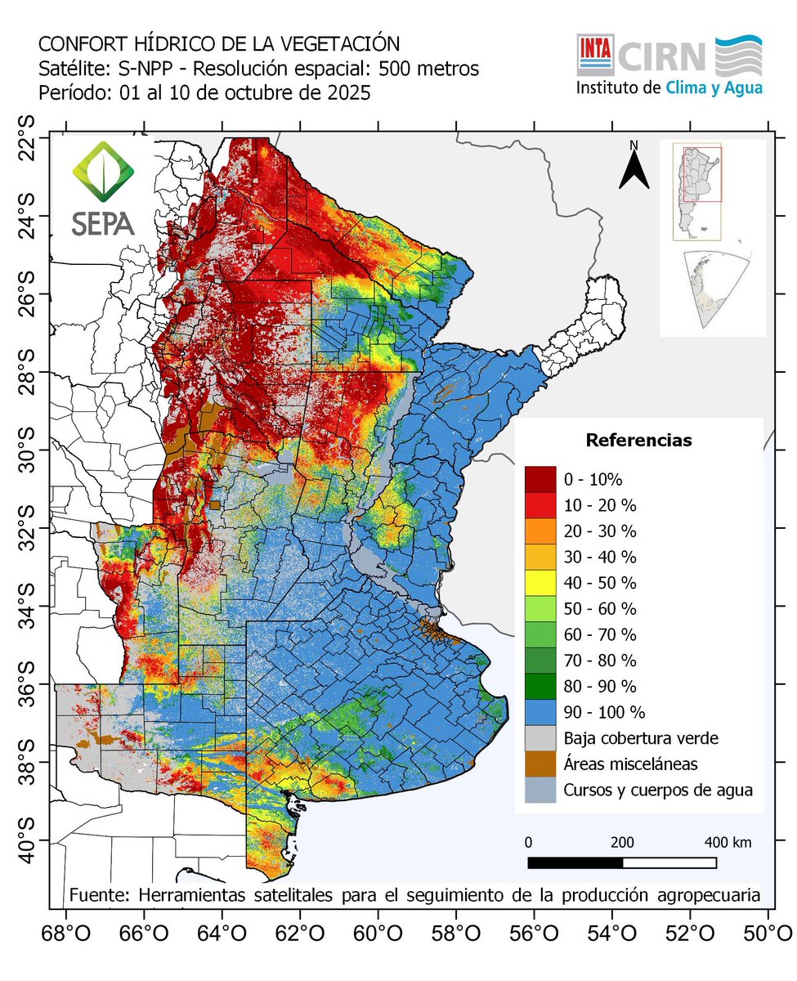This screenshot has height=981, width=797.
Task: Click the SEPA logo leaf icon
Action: point(102,173)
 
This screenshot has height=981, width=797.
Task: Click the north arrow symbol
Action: point(633,169)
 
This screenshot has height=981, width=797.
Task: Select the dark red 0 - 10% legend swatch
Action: point(540,478)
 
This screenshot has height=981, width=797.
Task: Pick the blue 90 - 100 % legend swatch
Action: point(540,712)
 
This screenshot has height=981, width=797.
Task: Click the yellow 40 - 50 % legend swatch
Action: point(540,583)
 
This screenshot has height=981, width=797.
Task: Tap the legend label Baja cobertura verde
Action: point(641,738)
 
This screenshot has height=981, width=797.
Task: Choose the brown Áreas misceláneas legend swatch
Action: point(540,764)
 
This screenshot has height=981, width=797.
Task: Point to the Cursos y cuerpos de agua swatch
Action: point(540,791)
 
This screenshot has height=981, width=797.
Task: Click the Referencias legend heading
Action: point(638,441)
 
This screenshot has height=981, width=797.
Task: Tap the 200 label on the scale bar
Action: point(622,842)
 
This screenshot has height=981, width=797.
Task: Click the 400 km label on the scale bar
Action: point(728,842)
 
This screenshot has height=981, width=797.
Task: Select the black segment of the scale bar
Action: point(575,862)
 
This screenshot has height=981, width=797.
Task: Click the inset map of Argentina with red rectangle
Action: point(696,192)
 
